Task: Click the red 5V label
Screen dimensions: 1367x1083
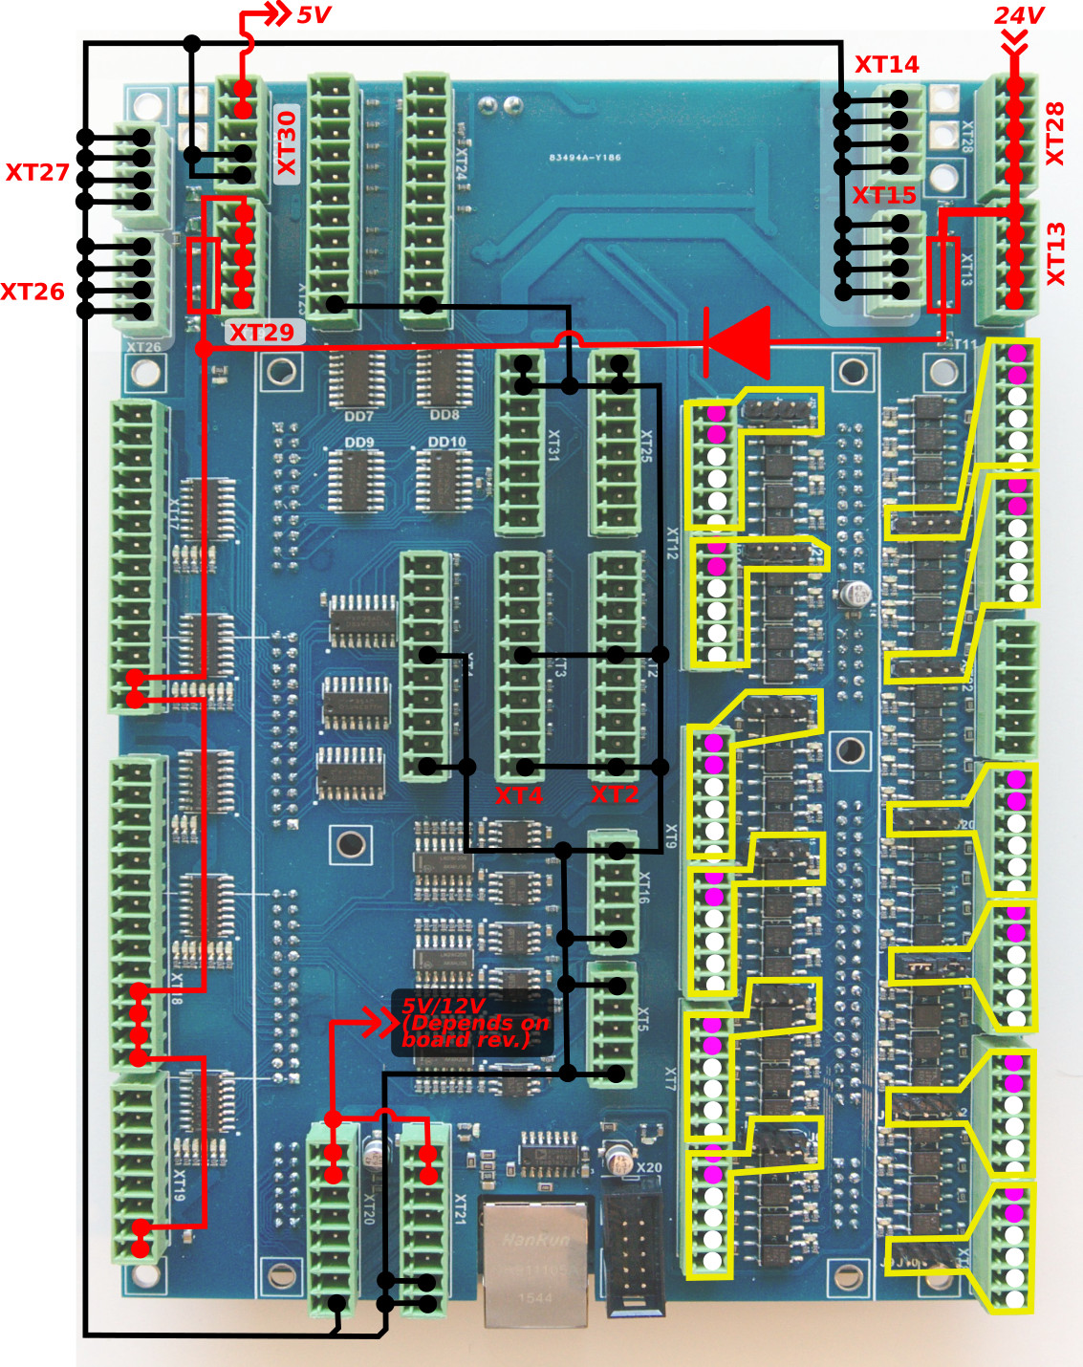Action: click(314, 15)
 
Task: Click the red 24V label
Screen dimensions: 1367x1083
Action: click(1019, 15)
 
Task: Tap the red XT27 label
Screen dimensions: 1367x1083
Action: click(37, 172)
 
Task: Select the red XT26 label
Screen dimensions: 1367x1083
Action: click(32, 292)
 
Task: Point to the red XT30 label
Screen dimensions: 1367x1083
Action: click(287, 142)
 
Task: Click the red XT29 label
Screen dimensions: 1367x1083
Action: click(261, 333)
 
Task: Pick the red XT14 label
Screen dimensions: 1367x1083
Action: click(886, 64)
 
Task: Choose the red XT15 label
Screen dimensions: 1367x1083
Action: click(884, 195)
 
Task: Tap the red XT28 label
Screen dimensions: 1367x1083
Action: click(1054, 134)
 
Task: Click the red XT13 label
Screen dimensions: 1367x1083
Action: click(1054, 253)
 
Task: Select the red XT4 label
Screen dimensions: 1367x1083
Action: click(518, 795)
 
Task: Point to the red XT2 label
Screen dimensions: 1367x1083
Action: click(615, 794)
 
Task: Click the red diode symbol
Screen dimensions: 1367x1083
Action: click(738, 341)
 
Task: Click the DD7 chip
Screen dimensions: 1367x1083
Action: click(357, 380)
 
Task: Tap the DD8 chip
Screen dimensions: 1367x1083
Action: click(444, 380)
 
